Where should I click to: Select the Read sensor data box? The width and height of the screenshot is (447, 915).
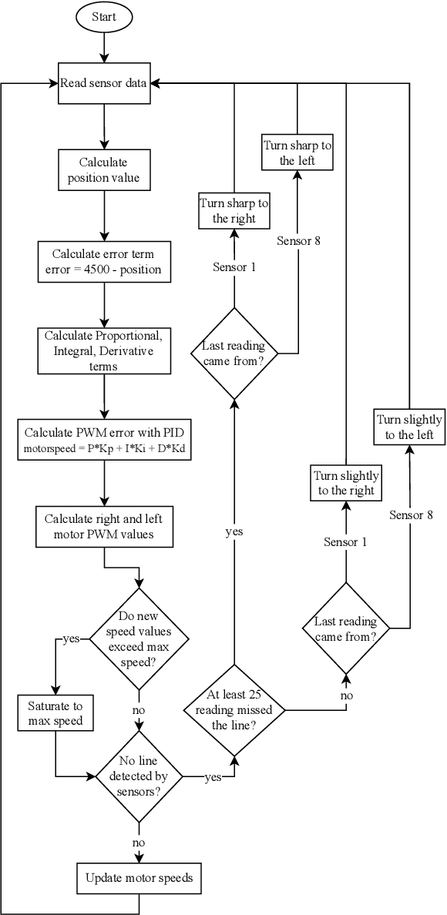(x=103, y=83)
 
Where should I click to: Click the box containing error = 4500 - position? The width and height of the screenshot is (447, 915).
(x=103, y=261)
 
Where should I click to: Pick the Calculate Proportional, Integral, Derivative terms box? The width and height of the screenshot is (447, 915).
(x=103, y=350)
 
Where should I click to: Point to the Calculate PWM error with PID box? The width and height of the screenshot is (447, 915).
(x=103, y=439)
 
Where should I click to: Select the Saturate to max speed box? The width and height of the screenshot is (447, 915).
(x=55, y=713)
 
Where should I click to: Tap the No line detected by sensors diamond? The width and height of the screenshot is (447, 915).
(x=139, y=776)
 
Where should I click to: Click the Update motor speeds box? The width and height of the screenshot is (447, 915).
(x=139, y=877)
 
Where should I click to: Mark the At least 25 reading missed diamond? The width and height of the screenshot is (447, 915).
(x=234, y=709)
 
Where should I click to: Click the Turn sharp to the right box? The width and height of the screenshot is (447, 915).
(x=234, y=211)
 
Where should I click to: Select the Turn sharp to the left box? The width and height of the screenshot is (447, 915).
(x=297, y=153)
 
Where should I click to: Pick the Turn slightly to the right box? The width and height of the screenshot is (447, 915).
(x=346, y=483)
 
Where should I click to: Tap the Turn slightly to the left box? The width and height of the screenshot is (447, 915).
(x=409, y=427)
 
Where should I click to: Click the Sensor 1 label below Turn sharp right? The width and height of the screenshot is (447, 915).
(x=234, y=267)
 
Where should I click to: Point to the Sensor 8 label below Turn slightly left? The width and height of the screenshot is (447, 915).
(x=411, y=514)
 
